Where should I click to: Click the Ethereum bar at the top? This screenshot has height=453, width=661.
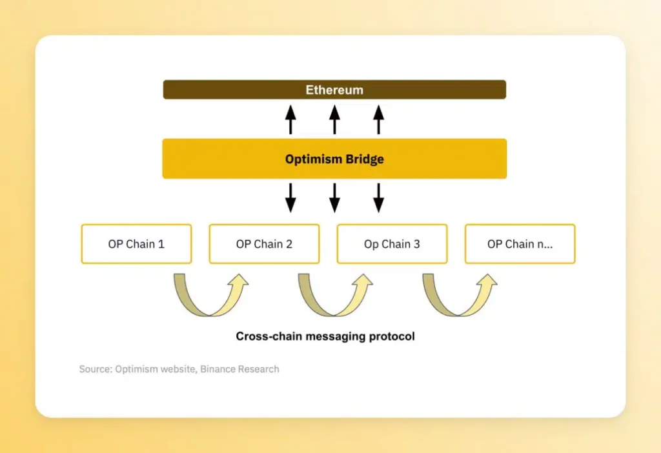click(x=334, y=90)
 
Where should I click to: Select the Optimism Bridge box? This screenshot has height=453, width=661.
click(x=334, y=159)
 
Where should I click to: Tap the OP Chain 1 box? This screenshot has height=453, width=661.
click(x=136, y=244)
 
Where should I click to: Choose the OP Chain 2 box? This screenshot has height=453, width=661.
click(x=264, y=244)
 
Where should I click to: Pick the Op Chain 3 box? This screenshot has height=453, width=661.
click(x=392, y=244)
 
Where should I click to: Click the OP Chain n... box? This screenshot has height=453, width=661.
click(x=520, y=244)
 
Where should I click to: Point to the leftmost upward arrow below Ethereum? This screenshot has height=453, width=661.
click(x=290, y=120)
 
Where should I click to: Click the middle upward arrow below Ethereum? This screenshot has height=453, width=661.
click(x=334, y=120)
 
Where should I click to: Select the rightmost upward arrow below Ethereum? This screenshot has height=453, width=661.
click(x=379, y=120)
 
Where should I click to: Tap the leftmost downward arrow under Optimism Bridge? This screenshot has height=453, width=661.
click(x=290, y=197)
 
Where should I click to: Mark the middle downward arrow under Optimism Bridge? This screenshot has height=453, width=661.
click(x=334, y=197)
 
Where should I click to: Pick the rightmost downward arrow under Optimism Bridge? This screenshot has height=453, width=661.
click(x=379, y=197)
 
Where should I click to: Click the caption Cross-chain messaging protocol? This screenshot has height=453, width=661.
click(x=325, y=336)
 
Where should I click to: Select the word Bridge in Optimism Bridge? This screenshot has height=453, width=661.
click(x=363, y=159)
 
